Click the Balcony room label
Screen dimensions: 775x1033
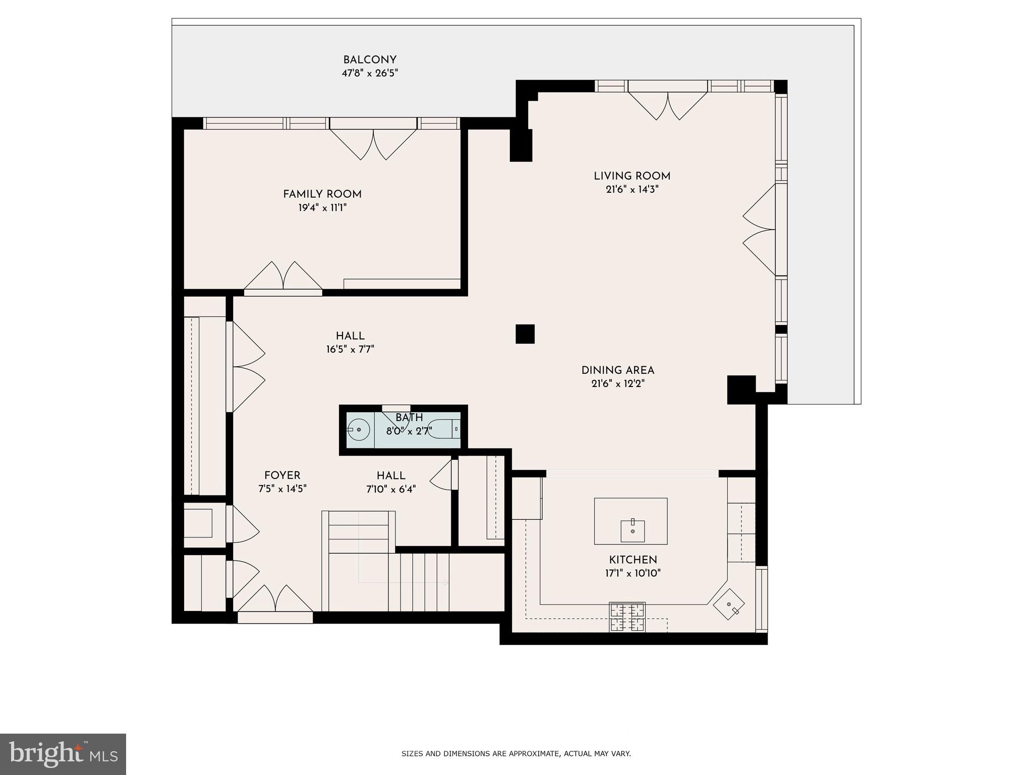[370, 60]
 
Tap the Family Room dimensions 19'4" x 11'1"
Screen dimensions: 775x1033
[322, 208]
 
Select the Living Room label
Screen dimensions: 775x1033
[632, 176]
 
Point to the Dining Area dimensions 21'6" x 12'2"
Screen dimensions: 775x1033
[618, 383]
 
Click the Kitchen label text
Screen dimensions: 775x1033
[633, 560]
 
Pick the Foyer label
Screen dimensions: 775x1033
[282, 475]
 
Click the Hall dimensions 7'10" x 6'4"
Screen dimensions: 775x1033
[391, 489]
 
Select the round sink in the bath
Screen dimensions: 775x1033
[359, 429]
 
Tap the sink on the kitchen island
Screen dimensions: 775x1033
[633, 531]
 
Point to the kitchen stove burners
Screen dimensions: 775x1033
[627, 617]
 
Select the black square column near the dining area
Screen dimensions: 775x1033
[525, 334]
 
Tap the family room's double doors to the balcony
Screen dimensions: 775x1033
[373, 144]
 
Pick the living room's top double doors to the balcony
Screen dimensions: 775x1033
[667, 105]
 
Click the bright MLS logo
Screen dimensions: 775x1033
[63, 754]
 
